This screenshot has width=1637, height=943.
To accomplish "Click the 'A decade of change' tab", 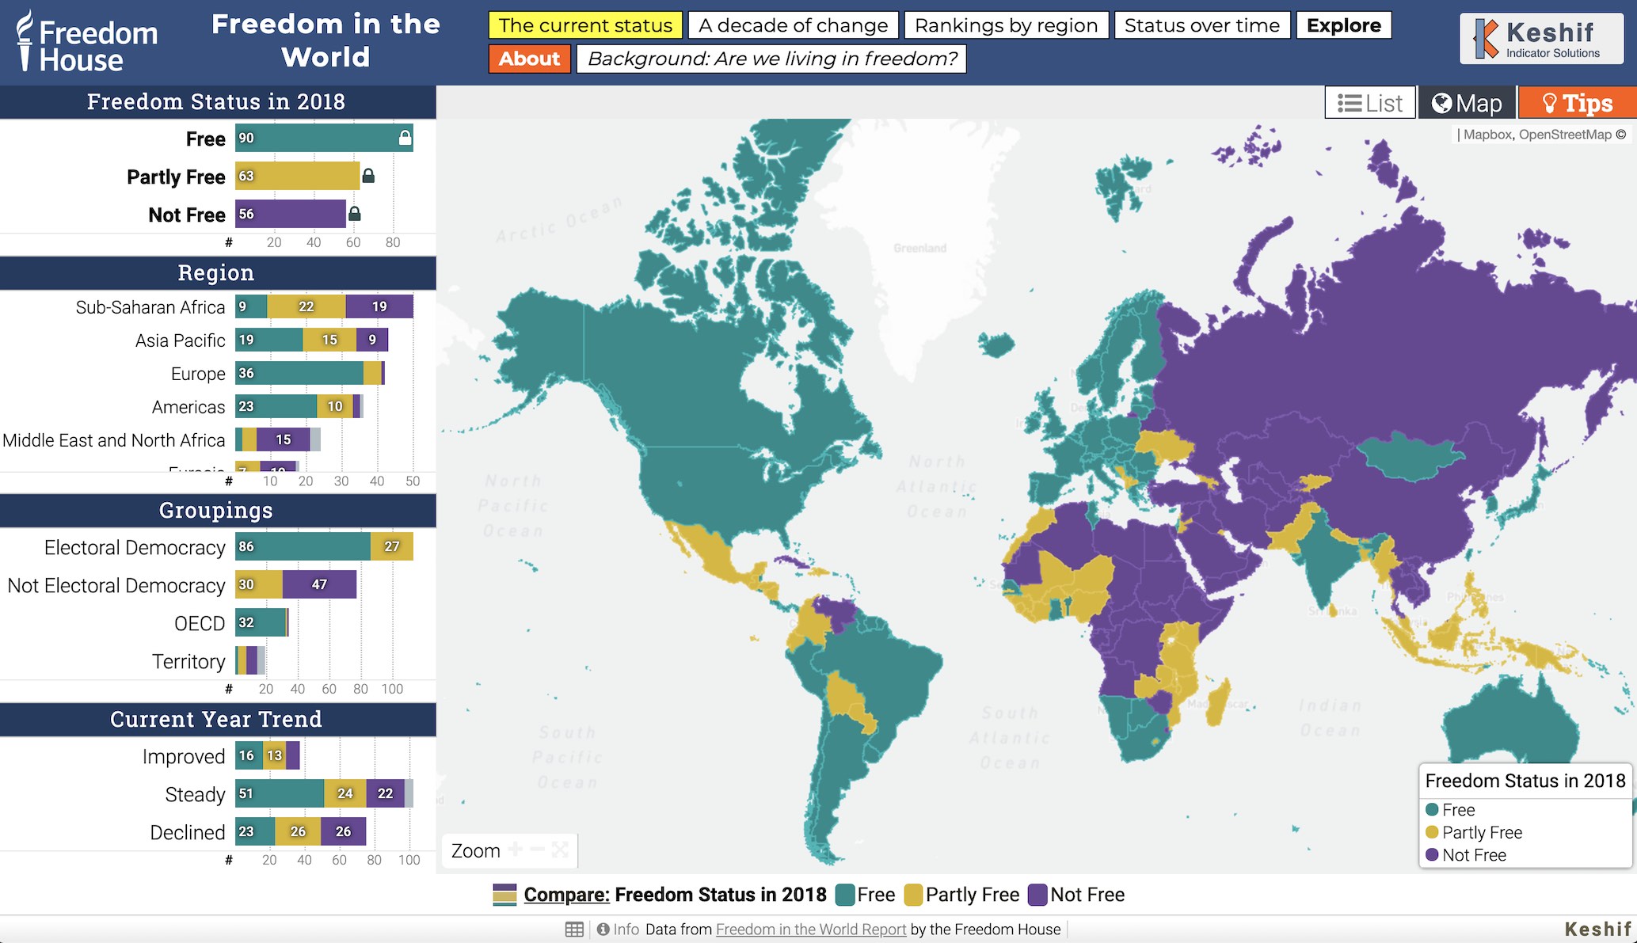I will (793, 25).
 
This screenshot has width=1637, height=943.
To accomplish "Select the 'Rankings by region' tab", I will (1006, 25).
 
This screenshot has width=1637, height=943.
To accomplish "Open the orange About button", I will (529, 59).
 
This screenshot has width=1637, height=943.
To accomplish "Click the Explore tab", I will (1343, 25).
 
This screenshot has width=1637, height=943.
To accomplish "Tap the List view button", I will (1370, 103).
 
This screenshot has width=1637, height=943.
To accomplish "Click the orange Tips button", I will (1577, 103).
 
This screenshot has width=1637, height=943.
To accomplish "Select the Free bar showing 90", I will (317, 139).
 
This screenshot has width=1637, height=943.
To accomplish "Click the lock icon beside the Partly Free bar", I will (368, 176).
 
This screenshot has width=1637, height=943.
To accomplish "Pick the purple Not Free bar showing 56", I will (291, 214).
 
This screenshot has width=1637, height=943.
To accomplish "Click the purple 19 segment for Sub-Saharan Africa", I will (379, 306).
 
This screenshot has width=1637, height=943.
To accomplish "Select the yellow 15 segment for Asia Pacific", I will (329, 340).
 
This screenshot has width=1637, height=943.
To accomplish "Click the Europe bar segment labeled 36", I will (299, 373).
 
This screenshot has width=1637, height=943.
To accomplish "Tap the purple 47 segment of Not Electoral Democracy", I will (319, 584).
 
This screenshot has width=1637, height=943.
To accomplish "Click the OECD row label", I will (200, 623).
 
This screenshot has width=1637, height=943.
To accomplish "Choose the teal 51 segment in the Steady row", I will (279, 793).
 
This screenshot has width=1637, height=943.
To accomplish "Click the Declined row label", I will (188, 832).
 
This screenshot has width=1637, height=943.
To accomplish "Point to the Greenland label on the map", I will (919, 248).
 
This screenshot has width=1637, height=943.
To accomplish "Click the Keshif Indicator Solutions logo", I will (1540, 39).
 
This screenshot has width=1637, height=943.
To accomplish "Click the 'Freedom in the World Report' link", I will (810, 930).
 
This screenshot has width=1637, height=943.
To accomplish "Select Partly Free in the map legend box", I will (1481, 832).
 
